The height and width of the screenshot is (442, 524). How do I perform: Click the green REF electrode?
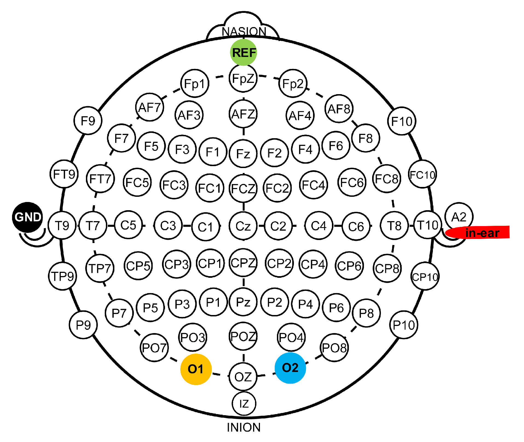point(243,52)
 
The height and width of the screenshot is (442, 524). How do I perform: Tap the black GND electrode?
point(28,217)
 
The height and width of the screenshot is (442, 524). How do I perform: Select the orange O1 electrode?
point(196,369)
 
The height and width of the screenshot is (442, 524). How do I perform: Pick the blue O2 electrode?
point(290,368)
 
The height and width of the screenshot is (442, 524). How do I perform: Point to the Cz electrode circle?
point(243,226)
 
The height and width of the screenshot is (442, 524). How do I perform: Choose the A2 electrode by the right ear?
point(459,217)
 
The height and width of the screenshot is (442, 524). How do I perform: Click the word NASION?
point(244,31)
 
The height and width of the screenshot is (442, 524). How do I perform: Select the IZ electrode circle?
point(244,403)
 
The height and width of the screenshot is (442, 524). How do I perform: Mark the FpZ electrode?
point(243,79)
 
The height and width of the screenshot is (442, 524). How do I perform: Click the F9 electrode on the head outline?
point(88,120)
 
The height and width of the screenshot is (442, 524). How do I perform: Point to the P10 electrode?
point(404,325)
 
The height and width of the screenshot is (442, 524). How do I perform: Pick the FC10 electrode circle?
point(422,174)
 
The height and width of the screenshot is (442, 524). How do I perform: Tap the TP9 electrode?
point(63,276)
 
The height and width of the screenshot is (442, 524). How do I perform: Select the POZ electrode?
point(243,336)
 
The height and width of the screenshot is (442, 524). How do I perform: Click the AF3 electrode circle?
point(189,115)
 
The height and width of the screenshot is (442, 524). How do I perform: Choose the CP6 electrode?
point(349,266)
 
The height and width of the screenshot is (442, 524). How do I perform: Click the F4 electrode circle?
point(305,149)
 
